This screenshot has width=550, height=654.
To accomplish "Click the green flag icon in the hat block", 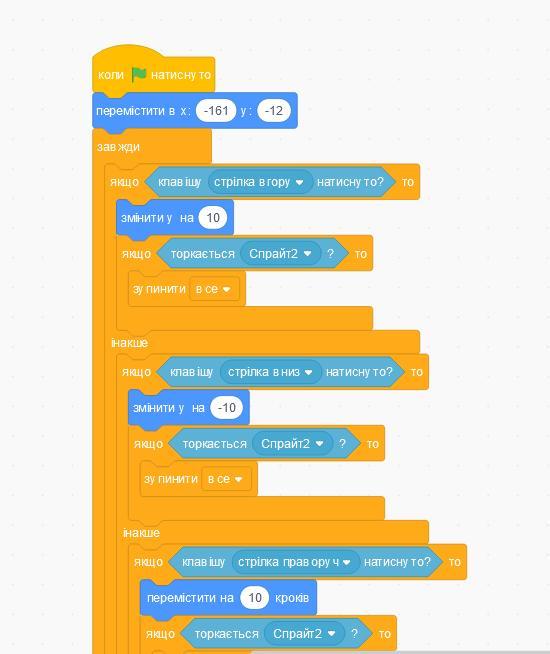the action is pos(138,75).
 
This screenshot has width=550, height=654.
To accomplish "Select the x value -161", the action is pos(216,111).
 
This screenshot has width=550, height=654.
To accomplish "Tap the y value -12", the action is pos(274,111).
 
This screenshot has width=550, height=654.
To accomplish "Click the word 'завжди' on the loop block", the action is pos(118,147).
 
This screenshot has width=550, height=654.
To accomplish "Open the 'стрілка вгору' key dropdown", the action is pos(259,182).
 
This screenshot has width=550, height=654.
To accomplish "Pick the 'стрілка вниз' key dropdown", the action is pos(270,372).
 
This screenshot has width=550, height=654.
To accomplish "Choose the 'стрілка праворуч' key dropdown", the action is pos(295,562).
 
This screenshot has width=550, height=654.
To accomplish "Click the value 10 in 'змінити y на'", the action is pos(213,217).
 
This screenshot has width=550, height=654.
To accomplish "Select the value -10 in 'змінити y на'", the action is pos(226,407).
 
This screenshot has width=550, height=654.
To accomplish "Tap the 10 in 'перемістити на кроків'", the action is pos(255,598).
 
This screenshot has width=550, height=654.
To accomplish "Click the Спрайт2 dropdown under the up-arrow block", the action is pos(281,253).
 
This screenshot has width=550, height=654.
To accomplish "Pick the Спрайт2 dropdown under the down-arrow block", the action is pos(292,443).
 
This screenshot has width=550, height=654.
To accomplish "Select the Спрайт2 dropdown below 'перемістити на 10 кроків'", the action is pos(304,634).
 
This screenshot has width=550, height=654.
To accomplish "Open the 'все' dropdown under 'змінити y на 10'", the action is pos(214,289).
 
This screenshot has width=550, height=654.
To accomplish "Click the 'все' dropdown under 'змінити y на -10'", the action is pos(226,479).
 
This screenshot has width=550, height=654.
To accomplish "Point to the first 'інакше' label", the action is pos(130,343).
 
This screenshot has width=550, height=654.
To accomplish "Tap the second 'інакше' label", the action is pos(141,533).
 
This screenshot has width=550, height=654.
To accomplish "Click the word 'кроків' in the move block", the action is pos(292,598).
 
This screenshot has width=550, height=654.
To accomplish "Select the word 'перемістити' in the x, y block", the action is pos(131,111).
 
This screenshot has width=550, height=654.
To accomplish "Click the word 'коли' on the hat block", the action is pos(111,75).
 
